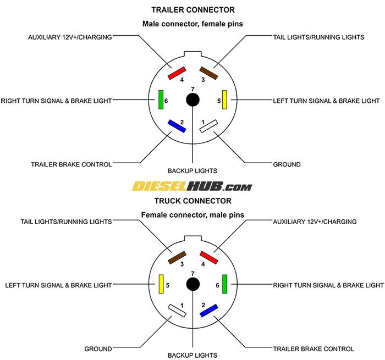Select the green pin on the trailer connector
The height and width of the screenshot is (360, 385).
(x=161, y=99)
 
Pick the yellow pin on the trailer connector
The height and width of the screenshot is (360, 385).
(x=225, y=99)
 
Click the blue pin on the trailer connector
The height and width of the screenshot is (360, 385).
(x=176, y=126)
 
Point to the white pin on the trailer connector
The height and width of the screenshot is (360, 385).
(x=209, y=126)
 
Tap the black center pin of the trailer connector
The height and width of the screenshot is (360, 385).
(x=193, y=99)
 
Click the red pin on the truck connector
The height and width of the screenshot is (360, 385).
(x=208, y=257)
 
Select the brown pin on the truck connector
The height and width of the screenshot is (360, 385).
(x=177, y=257)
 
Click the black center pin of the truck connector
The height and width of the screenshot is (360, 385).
(x=193, y=284)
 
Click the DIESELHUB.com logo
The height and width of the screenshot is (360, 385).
(x=192, y=186)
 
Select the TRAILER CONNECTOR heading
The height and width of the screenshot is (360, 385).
(x=193, y=10)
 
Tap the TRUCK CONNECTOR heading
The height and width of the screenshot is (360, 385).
(x=193, y=201)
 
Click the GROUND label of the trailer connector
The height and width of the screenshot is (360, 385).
(x=287, y=164)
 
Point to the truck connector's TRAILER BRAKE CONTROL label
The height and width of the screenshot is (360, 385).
(x=313, y=348)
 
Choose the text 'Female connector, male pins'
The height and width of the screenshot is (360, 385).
(x=193, y=214)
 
